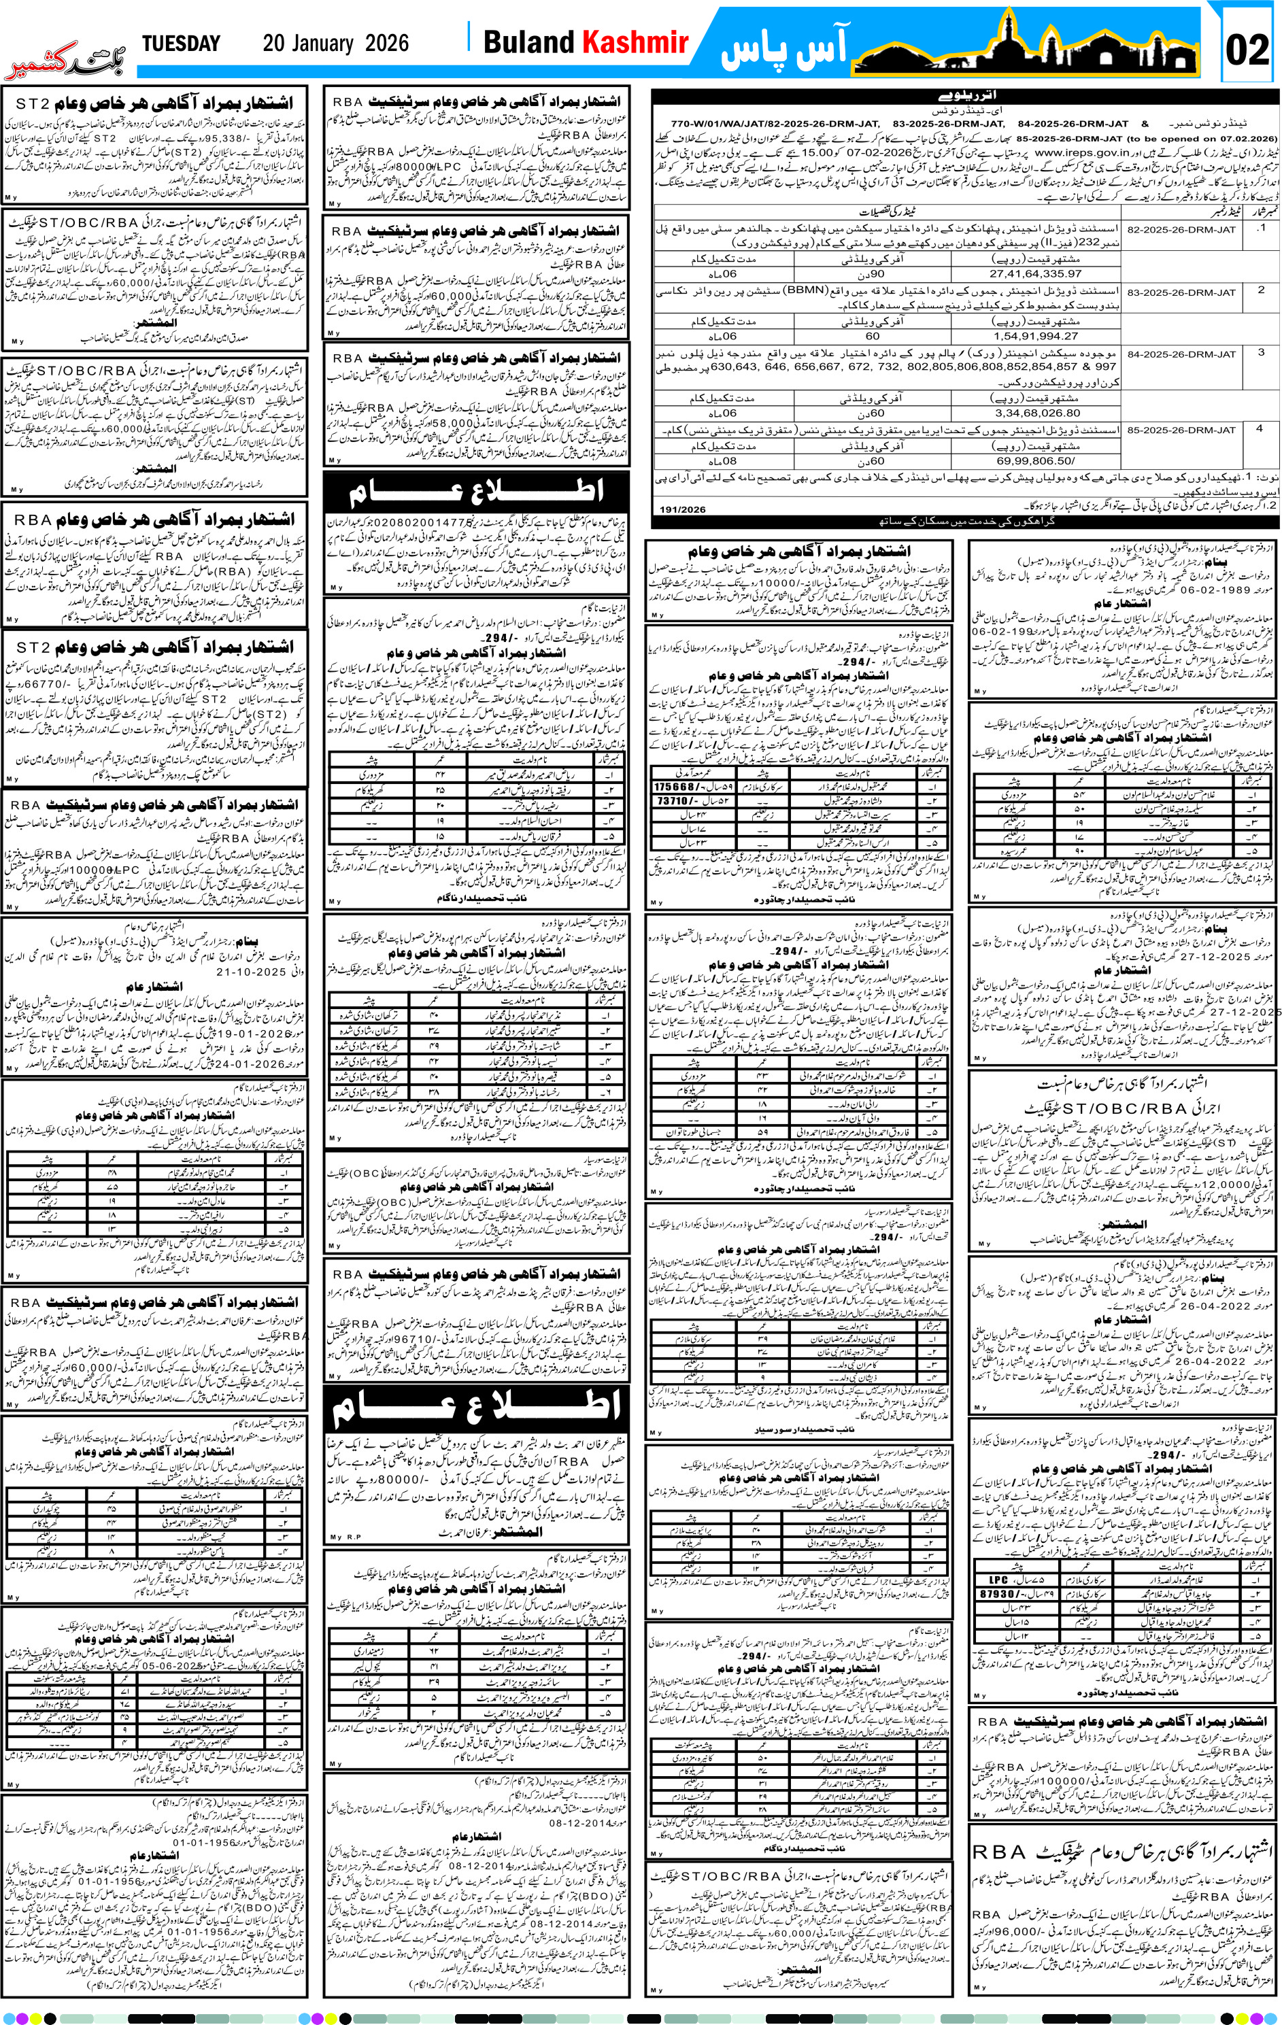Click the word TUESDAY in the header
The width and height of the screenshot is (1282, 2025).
(x=181, y=44)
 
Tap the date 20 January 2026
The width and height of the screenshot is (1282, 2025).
(x=336, y=44)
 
